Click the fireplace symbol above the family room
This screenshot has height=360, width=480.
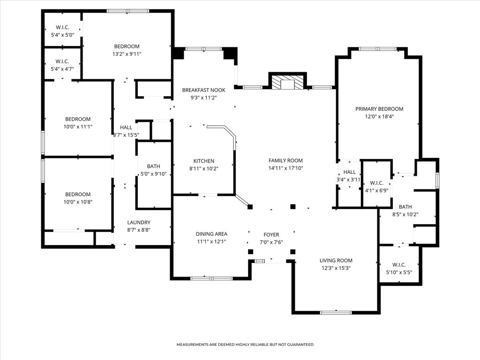(288, 81)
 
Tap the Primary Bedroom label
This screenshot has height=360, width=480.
(379, 109)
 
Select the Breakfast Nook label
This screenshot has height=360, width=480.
(203, 90)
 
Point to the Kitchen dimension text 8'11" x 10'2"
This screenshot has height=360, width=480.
(203, 168)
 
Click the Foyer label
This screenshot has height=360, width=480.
(271, 234)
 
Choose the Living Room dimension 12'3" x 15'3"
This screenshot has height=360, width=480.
(336, 268)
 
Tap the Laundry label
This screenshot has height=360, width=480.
(139, 222)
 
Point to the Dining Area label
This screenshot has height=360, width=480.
(211, 234)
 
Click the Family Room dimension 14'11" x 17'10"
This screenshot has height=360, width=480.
(285, 168)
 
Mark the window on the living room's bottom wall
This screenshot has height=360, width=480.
(336, 313)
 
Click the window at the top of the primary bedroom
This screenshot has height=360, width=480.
(378, 49)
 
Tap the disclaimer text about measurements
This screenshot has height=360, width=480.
(245, 345)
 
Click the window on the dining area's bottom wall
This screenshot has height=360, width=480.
(211, 278)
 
